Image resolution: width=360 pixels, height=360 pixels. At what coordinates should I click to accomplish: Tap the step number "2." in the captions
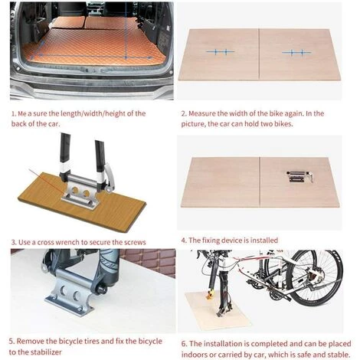click(x=184, y=113)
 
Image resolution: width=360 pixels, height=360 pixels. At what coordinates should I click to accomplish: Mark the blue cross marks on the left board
click(x=220, y=52)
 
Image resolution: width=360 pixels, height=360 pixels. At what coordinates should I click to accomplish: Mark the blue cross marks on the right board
click(x=296, y=53)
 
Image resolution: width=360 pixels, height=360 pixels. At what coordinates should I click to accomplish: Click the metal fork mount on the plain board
click(x=299, y=177)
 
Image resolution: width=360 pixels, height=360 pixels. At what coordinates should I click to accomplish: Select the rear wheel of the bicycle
click(x=316, y=277)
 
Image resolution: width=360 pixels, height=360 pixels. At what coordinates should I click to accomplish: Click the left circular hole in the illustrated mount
click(x=75, y=189)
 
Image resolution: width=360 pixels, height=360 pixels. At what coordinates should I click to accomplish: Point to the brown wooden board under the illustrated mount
click(x=82, y=201)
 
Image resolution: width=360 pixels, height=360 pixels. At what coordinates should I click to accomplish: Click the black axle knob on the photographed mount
click(x=100, y=289)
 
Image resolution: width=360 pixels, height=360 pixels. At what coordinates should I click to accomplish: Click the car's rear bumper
click(x=92, y=86)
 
